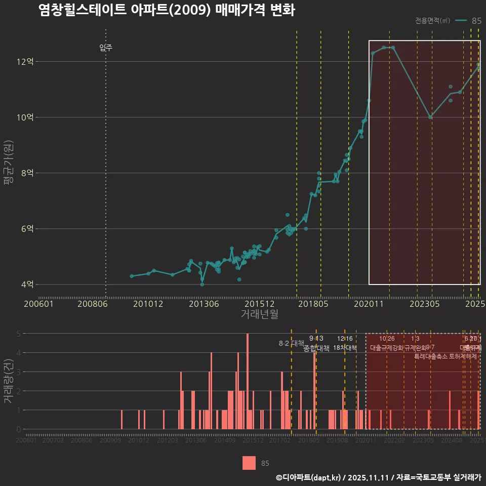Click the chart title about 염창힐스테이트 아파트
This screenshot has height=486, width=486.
point(167,10)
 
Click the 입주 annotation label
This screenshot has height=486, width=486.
point(106,48)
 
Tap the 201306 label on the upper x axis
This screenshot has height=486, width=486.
point(203,304)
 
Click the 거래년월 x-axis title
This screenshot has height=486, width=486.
point(259,314)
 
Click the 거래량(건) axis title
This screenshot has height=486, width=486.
point(9,381)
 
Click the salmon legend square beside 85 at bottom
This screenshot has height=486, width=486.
point(249,463)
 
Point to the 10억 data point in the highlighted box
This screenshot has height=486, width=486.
point(430,117)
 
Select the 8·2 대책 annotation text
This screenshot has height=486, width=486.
point(292,343)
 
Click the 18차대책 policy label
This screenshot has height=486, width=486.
point(345,348)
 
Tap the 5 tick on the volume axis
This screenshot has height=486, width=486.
point(19,334)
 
